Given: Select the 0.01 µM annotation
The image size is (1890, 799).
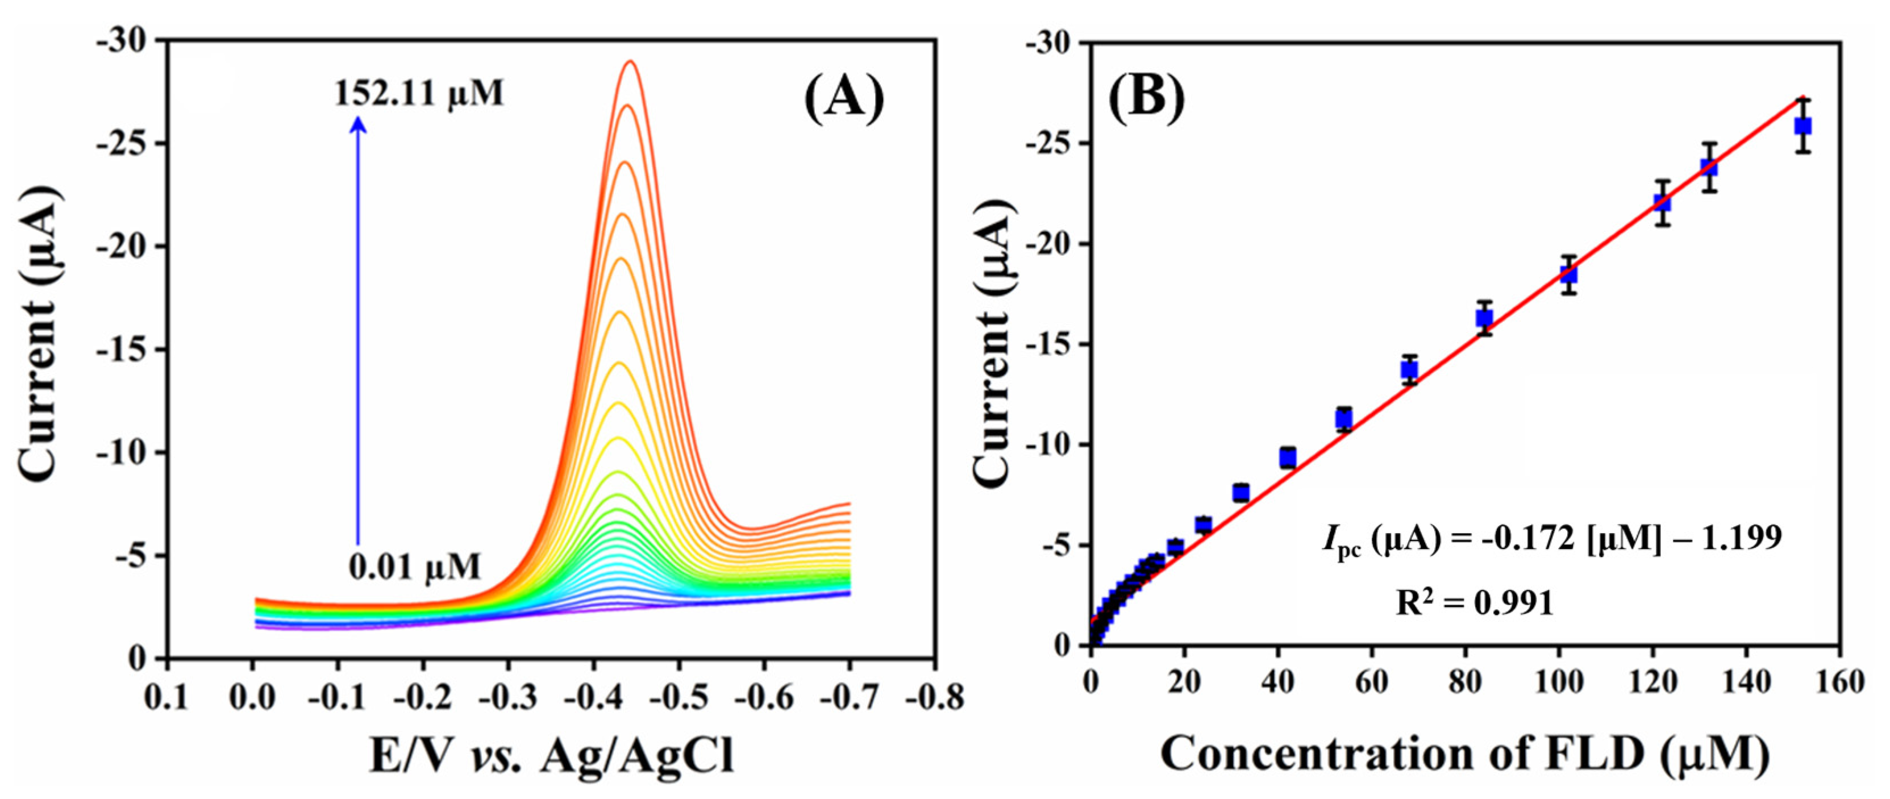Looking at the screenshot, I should pyautogui.click(x=414, y=567).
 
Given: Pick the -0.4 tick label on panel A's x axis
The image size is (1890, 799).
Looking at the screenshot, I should pyautogui.click(x=594, y=697).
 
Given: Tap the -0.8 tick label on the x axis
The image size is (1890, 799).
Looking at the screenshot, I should pyautogui.click(x=934, y=697).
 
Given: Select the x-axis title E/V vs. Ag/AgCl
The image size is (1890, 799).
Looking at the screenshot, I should pyautogui.click(x=552, y=756).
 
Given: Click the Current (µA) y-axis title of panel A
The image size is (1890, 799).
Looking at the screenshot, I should pyautogui.click(x=38, y=334).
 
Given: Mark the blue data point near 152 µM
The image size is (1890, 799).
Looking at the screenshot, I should pyautogui.click(x=1802, y=126).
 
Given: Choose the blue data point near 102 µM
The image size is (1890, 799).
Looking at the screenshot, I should pyautogui.click(x=1568, y=274).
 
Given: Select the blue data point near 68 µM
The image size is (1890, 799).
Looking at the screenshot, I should pyautogui.click(x=1409, y=370).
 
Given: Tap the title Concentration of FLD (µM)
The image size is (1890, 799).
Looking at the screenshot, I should pyautogui.click(x=1464, y=754).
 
